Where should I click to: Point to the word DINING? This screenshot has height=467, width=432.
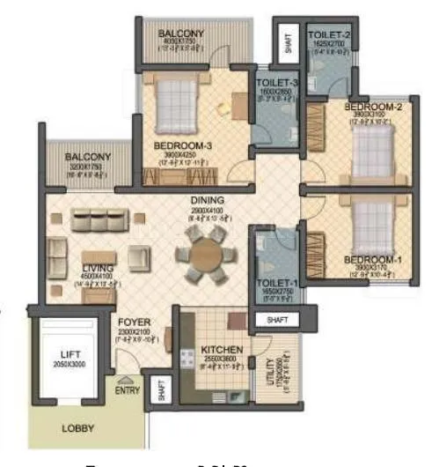208,200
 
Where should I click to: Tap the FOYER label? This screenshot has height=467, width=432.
134,323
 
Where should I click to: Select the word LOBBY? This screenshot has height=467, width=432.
78,429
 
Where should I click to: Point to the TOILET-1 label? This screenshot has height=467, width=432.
270,284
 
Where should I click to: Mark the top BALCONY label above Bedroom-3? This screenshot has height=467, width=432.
181,33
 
